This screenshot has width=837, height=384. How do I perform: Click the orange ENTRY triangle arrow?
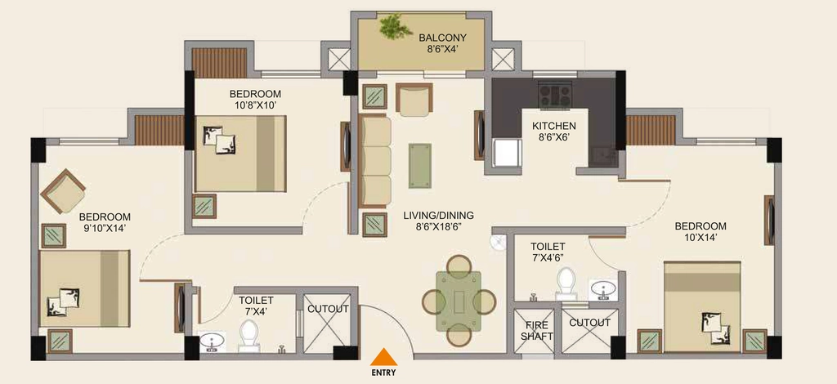(383, 357)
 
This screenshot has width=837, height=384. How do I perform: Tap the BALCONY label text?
(442, 38)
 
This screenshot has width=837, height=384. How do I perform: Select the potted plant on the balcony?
(396, 26)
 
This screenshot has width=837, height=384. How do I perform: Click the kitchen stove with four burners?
(555, 95)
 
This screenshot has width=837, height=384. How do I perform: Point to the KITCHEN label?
(554, 126)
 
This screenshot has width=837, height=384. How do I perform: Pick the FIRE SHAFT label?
(536, 331)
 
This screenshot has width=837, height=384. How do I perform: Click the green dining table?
(459, 301)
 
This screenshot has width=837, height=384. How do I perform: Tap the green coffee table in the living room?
(420, 165)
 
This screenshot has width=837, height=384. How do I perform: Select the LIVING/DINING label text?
(438, 216)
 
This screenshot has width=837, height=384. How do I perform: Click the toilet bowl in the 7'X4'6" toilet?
(566, 284)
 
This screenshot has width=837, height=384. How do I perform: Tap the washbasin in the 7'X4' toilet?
(212, 342)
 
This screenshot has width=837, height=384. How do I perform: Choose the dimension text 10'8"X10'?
(255, 105)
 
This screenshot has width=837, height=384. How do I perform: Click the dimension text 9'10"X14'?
(105, 228)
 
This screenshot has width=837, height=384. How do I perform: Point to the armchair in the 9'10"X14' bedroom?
(63, 191)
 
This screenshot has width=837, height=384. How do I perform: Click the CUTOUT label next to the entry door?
(328, 309)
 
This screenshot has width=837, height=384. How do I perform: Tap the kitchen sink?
(603, 156)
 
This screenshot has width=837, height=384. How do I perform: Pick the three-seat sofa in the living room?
(374, 160)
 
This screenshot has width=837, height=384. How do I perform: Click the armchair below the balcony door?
(414, 99)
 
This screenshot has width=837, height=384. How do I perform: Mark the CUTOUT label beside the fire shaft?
(589, 323)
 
